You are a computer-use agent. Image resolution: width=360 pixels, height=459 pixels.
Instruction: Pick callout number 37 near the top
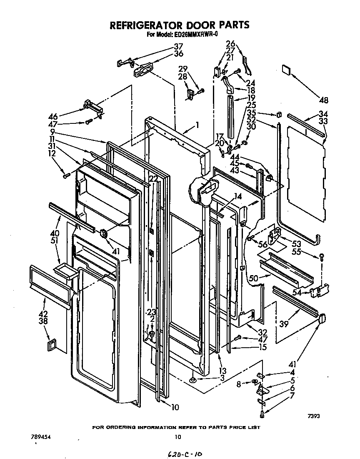coord(178,46)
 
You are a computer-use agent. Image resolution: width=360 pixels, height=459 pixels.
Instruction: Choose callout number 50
coord(253,278)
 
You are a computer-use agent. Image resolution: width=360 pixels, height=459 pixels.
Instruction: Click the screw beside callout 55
coord(321,258)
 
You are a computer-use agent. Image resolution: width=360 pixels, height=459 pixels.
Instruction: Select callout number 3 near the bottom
coord(210,378)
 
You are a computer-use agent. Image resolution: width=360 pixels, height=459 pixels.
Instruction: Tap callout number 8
coord(239,384)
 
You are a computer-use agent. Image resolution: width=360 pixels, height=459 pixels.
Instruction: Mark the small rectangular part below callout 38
coord(51,345)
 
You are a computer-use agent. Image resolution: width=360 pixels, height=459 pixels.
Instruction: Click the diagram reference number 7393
coord(314,416)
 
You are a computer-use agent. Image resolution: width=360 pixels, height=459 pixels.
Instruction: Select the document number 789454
coord(45,437)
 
